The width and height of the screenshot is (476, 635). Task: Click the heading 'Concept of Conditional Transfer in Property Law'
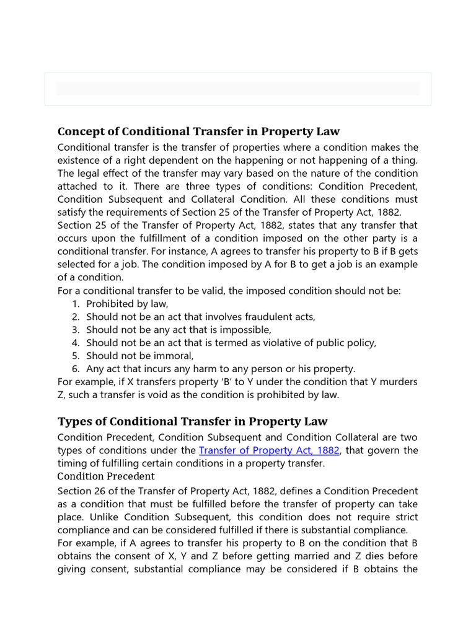(198, 131)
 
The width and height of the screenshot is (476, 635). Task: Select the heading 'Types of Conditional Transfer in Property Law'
(192, 422)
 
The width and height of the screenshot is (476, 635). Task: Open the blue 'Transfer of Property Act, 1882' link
(269, 450)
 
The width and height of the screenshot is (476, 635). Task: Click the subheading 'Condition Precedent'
(105, 476)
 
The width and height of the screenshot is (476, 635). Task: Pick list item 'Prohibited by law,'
(127, 304)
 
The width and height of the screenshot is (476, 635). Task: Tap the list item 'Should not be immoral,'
(140, 355)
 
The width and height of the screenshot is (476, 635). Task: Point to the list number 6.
(75, 368)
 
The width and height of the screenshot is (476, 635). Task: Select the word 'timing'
(72, 463)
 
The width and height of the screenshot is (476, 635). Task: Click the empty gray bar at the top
(237, 88)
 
